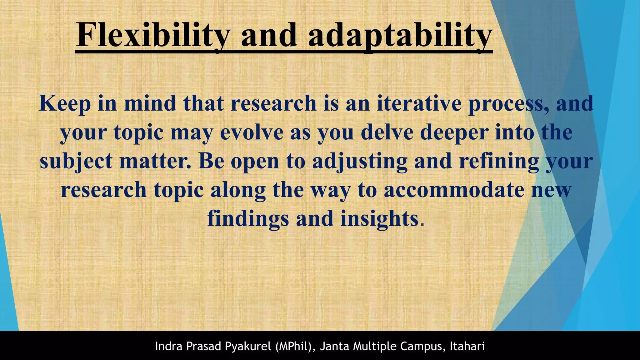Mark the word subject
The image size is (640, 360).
(x=76, y=162)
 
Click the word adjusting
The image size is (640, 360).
(x=360, y=162)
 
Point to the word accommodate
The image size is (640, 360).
(x=454, y=190)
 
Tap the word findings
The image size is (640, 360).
(x=248, y=219)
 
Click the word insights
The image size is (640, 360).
(x=379, y=219)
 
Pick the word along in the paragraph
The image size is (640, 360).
(x=238, y=190)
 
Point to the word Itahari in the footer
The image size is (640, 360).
(x=467, y=346)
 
